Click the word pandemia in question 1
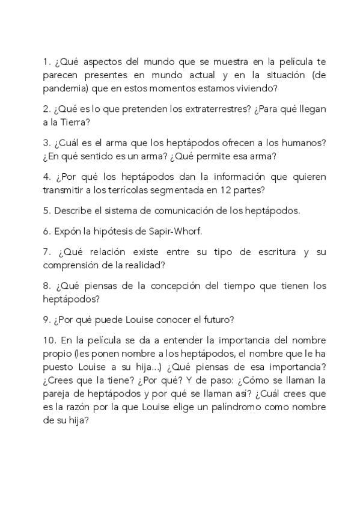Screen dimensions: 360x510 tap(64, 88)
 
